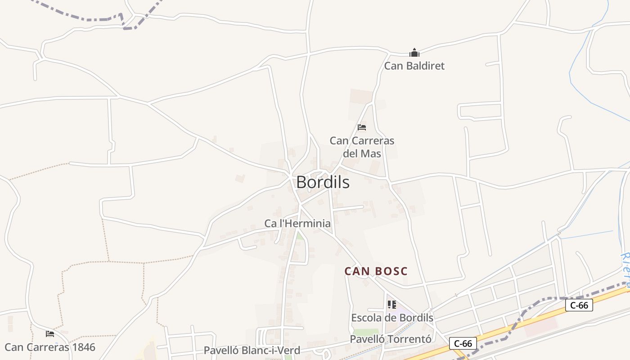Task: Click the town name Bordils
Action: tap(323, 182)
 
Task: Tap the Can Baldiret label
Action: tap(414, 66)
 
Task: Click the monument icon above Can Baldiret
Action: tap(414, 53)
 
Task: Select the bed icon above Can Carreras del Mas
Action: tap(361, 127)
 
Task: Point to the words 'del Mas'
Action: tap(362, 153)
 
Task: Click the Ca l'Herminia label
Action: tap(297, 223)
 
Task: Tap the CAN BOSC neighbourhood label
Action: tap(376, 271)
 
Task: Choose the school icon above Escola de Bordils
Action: tap(391, 305)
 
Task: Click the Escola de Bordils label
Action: tap(392, 318)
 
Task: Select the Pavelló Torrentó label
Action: tap(391, 339)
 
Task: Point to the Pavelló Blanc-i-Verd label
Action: tap(252, 350)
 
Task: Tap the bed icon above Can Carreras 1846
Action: tap(50, 334)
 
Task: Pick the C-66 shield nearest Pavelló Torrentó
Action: tap(463, 344)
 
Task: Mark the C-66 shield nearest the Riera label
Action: tap(579, 305)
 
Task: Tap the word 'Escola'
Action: tap(365, 318)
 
